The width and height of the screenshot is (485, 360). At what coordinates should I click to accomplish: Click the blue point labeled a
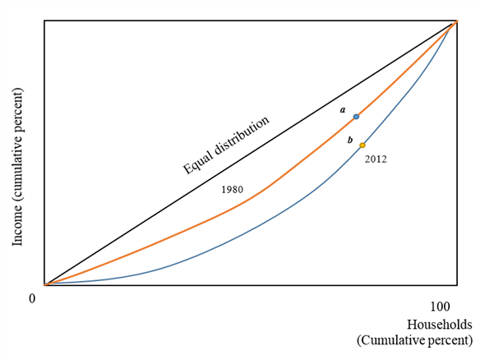click(356, 117)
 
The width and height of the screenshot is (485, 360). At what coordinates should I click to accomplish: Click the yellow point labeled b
click(363, 145)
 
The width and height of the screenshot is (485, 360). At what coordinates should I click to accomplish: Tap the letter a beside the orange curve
click(343, 109)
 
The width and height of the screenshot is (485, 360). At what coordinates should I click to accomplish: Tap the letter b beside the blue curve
click(350, 141)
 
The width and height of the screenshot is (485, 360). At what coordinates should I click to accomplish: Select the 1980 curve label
click(233, 190)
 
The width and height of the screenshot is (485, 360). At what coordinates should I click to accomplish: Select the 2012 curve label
click(375, 159)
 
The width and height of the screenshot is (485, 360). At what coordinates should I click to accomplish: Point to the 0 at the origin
click(32, 298)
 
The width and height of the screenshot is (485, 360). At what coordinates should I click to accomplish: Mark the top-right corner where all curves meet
click(455, 21)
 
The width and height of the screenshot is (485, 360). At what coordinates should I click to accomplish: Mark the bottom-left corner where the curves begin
click(45, 284)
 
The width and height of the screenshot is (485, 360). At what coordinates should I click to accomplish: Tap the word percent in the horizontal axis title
click(450, 340)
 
